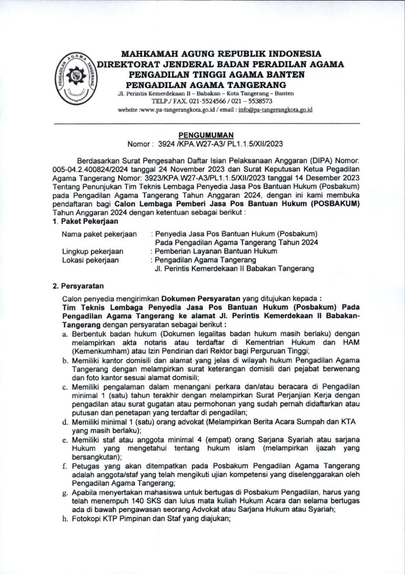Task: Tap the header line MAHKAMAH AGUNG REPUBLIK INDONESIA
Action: (222, 54)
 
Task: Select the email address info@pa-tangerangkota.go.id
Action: (275, 109)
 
